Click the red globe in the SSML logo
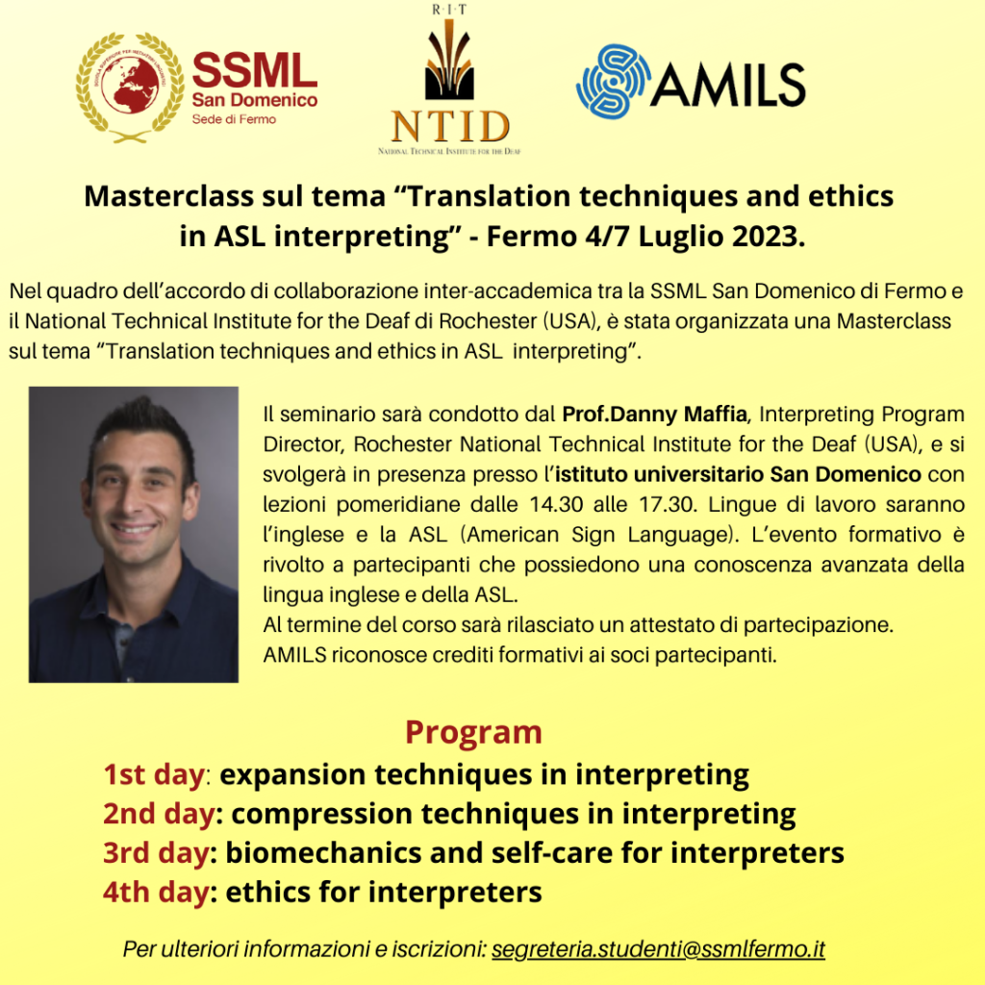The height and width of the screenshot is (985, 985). tap(129, 85)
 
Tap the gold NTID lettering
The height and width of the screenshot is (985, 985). tap(450, 126)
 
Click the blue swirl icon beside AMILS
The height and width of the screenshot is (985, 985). tap(613, 82)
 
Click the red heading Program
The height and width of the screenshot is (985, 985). tap(473, 733)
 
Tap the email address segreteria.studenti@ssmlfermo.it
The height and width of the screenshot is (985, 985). tap(658, 948)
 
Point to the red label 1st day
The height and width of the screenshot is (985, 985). tap(154, 774)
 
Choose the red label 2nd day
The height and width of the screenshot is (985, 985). tap(160, 814)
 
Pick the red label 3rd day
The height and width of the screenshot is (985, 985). tap(157, 853)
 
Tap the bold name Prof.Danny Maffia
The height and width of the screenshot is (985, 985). tap(654, 415)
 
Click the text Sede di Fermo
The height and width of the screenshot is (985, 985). tap(234, 119)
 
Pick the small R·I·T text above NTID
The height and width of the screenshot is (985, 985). tap(449, 10)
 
